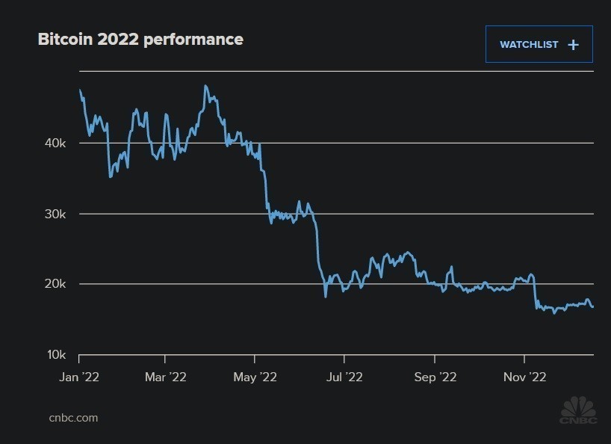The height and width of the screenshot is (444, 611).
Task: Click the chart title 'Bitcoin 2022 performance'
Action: (140, 40)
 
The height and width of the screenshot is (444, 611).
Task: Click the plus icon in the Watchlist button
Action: (573, 45)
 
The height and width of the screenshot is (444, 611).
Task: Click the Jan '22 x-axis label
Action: (79, 377)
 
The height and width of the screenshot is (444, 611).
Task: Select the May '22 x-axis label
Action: (255, 377)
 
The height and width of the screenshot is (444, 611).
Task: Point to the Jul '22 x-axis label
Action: (344, 377)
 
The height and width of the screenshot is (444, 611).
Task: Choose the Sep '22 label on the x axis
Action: (435, 377)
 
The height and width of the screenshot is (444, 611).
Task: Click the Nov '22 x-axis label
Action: (524, 377)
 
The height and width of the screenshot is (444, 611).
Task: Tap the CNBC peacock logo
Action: (578, 410)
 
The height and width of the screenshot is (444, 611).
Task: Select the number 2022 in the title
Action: (118, 40)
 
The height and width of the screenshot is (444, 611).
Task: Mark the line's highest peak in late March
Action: (205, 86)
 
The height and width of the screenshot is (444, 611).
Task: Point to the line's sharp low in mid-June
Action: (326, 296)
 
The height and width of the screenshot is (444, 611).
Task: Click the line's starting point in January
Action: (80, 90)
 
